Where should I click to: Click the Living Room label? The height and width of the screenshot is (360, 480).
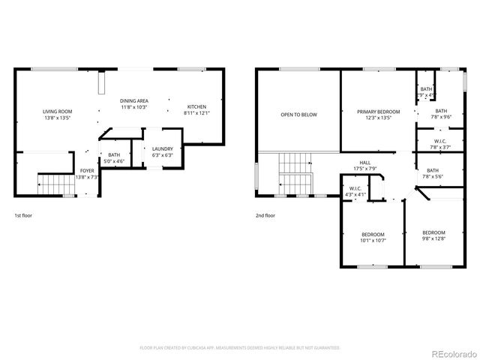click(x=57, y=115)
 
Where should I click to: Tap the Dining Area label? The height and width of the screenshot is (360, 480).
click(x=134, y=104)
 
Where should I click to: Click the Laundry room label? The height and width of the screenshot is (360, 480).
click(x=162, y=152)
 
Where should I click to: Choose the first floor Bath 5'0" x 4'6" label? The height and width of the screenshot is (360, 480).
click(x=114, y=157)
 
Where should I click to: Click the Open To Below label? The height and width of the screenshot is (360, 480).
click(x=298, y=115)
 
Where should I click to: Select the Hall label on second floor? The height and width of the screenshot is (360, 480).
click(x=365, y=166)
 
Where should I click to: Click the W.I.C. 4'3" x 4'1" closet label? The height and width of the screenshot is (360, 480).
click(x=355, y=191)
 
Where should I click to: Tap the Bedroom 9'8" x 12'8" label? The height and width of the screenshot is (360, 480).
click(x=433, y=235)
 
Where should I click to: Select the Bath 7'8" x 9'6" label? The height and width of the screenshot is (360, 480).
click(x=441, y=114)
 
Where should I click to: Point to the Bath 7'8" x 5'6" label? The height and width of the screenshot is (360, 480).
click(x=433, y=173)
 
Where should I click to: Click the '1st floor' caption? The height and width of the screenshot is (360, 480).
click(x=23, y=215)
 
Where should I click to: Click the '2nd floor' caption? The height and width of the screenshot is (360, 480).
click(x=265, y=215)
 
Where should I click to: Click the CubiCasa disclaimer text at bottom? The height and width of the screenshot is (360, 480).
click(x=240, y=348)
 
